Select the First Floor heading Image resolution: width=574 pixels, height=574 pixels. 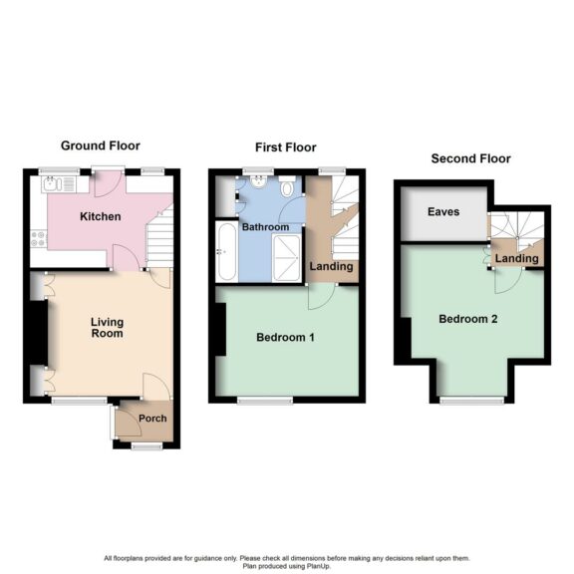click(x=286, y=147)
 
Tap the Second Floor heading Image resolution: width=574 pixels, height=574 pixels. click(x=470, y=158)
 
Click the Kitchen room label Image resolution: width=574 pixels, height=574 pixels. click(x=101, y=216)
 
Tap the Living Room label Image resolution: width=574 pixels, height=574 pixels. click(x=107, y=327)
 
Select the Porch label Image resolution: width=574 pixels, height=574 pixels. click(x=152, y=419)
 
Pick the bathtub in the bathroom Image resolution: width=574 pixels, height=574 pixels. click(x=226, y=253)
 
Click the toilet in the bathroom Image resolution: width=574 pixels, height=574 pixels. click(x=286, y=186)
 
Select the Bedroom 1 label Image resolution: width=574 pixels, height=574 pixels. click(x=285, y=338)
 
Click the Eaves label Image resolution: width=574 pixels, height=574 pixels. click(x=441, y=212)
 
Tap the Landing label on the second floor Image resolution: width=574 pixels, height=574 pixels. click(x=517, y=259)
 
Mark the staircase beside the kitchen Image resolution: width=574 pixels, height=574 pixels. click(x=159, y=239)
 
